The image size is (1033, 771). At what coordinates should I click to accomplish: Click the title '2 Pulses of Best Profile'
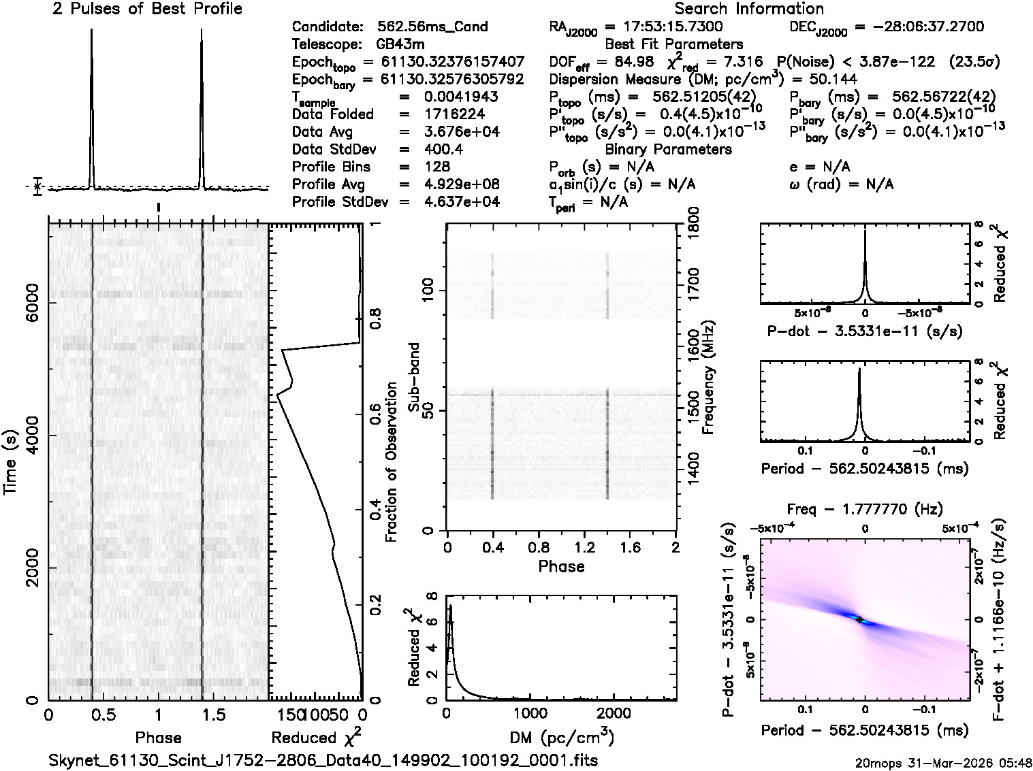(147, 9)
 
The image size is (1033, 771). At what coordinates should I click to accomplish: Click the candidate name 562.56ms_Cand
(432, 27)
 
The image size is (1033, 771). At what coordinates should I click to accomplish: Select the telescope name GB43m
(400, 45)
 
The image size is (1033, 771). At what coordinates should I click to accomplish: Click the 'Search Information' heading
(749, 9)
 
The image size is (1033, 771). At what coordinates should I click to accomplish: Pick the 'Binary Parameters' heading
(668, 149)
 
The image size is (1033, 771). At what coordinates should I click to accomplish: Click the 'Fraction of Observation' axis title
(391, 462)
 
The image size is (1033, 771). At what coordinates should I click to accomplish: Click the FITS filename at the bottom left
(323, 760)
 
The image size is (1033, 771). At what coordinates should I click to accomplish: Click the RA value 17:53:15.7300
(664, 27)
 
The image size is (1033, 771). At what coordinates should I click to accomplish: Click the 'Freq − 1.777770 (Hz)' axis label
(865, 509)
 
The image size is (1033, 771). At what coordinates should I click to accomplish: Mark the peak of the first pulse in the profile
(91, 32)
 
